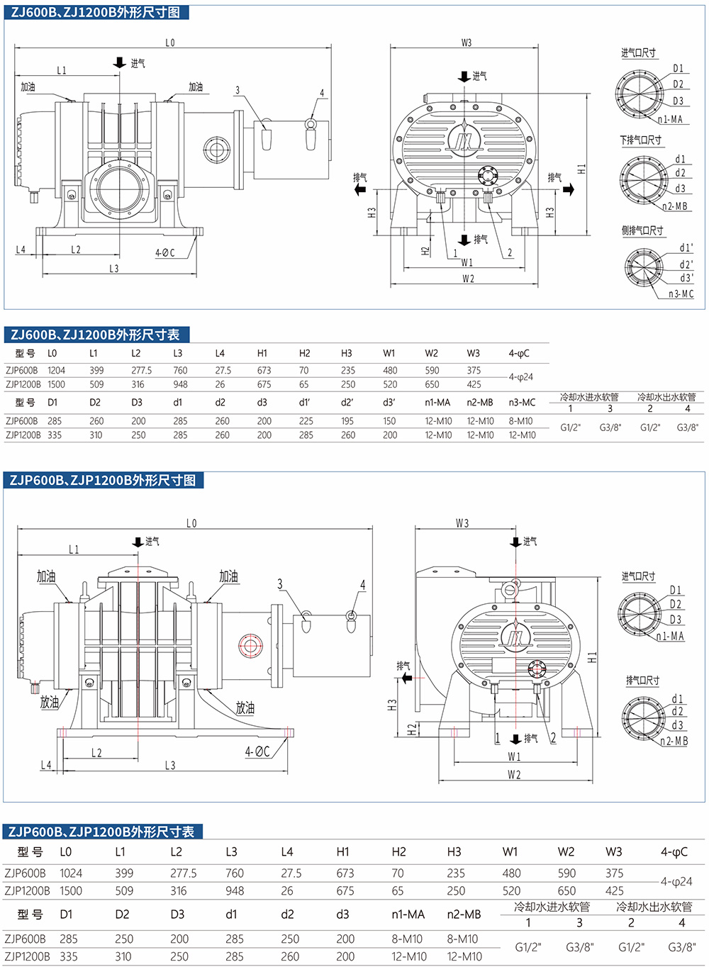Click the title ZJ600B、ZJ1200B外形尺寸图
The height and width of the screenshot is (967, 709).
(x=95, y=12)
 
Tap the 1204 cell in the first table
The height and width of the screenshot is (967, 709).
(x=57, y=370)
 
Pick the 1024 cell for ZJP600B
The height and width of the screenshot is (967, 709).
(x=71, y=873)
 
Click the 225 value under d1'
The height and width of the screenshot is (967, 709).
(x=306, y=421)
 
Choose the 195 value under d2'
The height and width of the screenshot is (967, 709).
(x=347, y=421)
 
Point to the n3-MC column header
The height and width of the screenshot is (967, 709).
(x=522, y=403)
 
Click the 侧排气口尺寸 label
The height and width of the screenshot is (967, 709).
(x=642, y=230)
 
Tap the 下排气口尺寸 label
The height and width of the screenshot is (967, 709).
(x=641, y=140)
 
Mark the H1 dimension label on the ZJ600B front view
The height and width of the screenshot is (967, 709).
(x=582, y=169)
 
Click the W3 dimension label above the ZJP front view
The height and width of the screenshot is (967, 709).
(x=462, y=523)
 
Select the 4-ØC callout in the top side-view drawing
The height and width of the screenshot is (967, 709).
(x=165, y=252)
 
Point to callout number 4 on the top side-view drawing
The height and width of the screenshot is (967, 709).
(x=321, y=93)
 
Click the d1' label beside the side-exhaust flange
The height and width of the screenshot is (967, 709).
(x=686, y=248)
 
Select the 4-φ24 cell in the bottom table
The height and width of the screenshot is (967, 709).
(x=676, y=882)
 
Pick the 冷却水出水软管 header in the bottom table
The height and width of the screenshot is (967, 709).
(x=654, y=906)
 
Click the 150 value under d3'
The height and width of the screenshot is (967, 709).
(x=389, y=421)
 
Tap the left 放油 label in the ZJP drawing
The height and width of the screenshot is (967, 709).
(x=50, y=702)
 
